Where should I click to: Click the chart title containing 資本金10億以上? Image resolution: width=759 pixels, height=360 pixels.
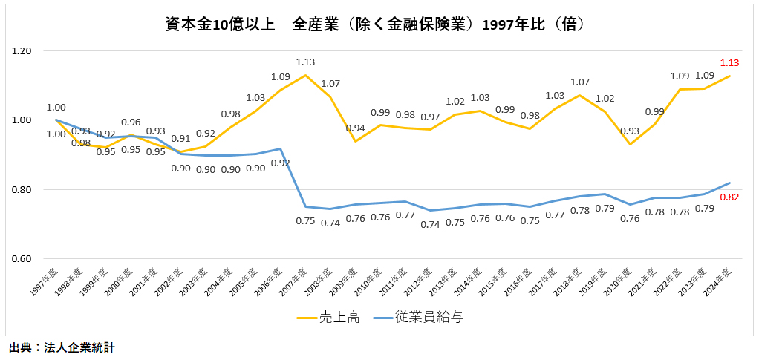click(x=379, y=24)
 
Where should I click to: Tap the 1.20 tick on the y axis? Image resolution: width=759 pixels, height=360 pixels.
click(x=22, y=51)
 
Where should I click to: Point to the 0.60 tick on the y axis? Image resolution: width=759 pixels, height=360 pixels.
click(x=22, y=259)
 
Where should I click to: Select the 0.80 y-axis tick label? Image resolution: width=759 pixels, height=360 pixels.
click(x=22, y=190)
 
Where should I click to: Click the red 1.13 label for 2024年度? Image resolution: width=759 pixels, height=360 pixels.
click(x=729, y=63)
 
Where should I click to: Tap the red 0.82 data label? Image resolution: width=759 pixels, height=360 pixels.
click(x=729, y=197)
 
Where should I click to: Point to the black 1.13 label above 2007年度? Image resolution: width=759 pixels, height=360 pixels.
click(x=306, y=62)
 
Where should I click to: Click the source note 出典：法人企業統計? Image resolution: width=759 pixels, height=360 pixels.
click(x=62, y=347)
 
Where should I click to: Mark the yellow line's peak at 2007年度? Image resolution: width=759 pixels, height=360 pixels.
click(x=305, y=75)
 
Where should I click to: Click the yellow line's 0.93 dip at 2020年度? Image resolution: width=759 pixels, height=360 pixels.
click(x=630, y=144)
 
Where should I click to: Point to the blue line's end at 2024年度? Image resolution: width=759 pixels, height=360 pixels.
click(x=730, y=183)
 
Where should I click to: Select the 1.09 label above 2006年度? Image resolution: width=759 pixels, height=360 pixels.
click(x=281, y=76)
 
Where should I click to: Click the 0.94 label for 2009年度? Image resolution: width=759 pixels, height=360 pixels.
click(x=356, y=128)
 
